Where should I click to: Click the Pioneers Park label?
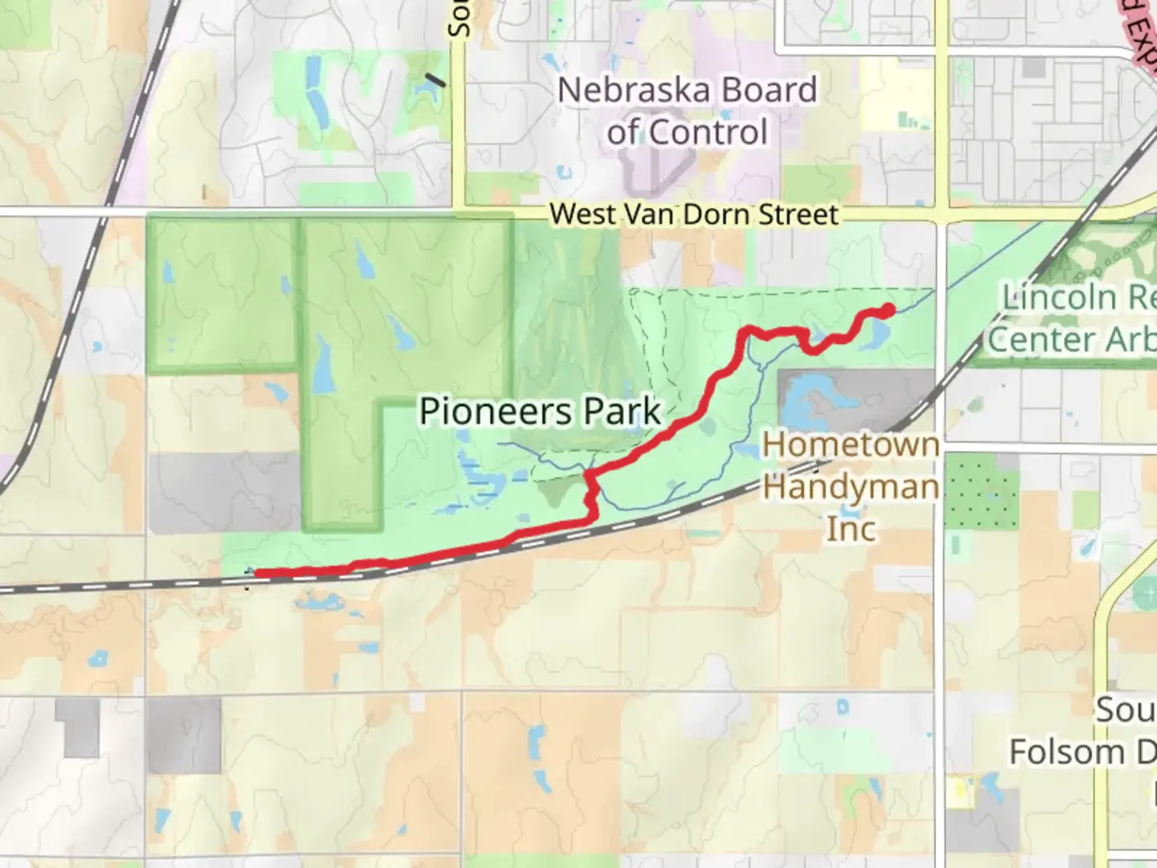tap(540, 411)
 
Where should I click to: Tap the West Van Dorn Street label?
tap(694, 215)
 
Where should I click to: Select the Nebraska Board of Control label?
tap(688, 111)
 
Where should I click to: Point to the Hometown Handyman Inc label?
tap(851, 486)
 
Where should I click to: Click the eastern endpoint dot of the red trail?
tap(888, 309)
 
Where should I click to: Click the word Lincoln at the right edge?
tap(1059, 297)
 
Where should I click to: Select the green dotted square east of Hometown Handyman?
tap(981, 491)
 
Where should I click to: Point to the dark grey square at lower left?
tap(184, 735)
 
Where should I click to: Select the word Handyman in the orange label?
tap(851, 487)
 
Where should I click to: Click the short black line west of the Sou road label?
tap(435, 80)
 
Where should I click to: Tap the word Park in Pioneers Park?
tap(622, 411)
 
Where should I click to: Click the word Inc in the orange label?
tap(851, 529)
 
